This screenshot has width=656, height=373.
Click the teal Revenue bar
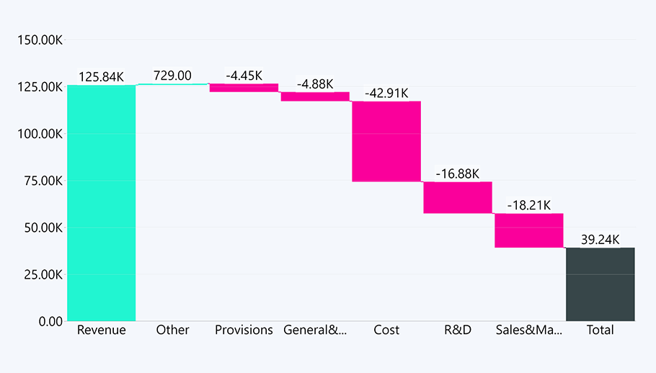click(102, 203)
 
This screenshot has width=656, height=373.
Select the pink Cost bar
click(386, 141)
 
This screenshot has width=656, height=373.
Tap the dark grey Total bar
click(600, 284)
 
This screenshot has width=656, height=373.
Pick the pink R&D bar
click(457, 197)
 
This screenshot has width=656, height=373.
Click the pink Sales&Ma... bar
click(528, 230)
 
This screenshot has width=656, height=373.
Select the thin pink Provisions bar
click(244, 88)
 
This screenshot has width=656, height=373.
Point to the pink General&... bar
click(315, 96)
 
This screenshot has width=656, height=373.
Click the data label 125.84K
click(102, 76)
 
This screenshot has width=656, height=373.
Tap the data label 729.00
click(172, 76)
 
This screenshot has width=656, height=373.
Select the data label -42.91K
click(386, 93)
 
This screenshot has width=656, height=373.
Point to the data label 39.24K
click(600, 239)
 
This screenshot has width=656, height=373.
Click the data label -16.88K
click(457, 174)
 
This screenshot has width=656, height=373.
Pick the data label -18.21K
click(528, 205)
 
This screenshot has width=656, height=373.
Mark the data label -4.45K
click(244, 76)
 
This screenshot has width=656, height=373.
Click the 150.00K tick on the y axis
click(39, 40)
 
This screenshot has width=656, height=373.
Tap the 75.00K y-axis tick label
click(41, 181)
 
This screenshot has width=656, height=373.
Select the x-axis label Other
click(172, 330)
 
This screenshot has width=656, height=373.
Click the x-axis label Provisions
click(244, 330)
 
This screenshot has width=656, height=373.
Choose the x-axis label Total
click(600, 330)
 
